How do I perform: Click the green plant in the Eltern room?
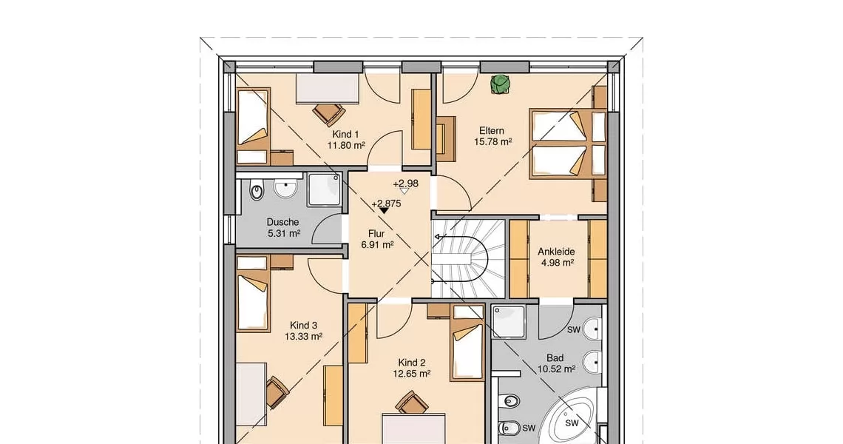tap(501, 84)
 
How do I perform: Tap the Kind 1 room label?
tap(345, 134)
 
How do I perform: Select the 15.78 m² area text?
tap(492, 142)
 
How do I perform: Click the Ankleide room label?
tap(556, 252)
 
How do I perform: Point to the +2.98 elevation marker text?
tap(405, 184)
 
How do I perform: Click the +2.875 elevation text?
tap(387, 203)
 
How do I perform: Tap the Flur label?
tap(376, 234)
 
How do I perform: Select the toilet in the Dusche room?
tap(257, 190)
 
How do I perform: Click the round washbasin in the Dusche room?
tap(285, 189)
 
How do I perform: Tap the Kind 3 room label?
tap(303, 325)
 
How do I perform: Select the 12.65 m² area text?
tap(412, 374)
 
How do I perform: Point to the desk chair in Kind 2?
tap(411, 403)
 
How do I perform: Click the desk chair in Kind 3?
tap(277, 391)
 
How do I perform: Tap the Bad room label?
tap(555, 358)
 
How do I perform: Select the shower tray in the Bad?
tap(508, 322)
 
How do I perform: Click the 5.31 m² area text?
tap(283, 234)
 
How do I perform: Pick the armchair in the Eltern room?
tap(446, 139)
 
